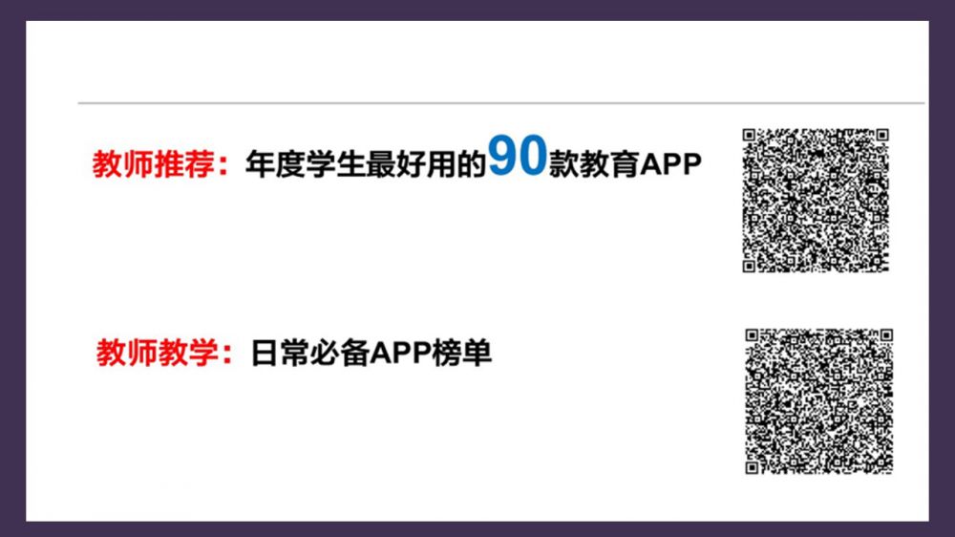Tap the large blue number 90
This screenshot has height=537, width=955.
[518, 158]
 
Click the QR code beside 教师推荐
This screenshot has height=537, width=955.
[816, 201]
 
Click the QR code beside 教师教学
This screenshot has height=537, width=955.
[818, 401]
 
